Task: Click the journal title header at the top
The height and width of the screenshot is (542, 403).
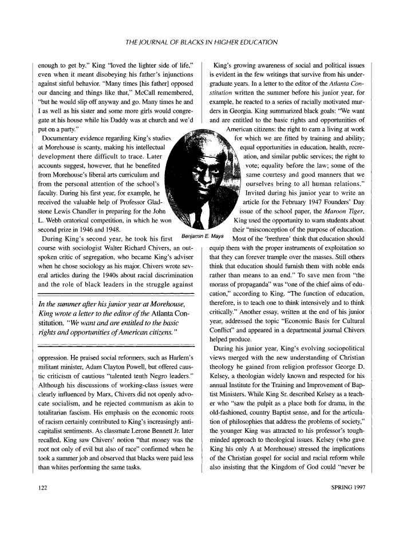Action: pos(201,42)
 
